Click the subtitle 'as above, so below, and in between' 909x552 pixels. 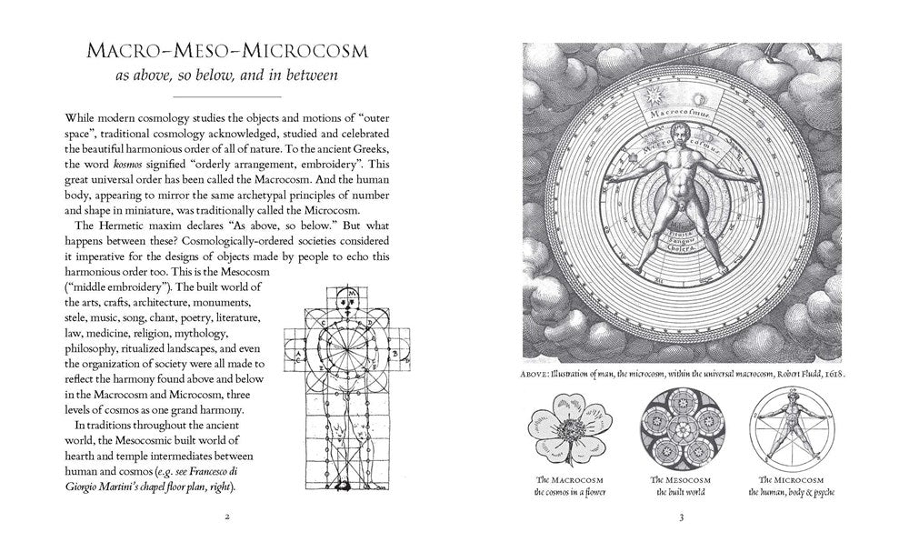pyautogui.click(x=226, y=76)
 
